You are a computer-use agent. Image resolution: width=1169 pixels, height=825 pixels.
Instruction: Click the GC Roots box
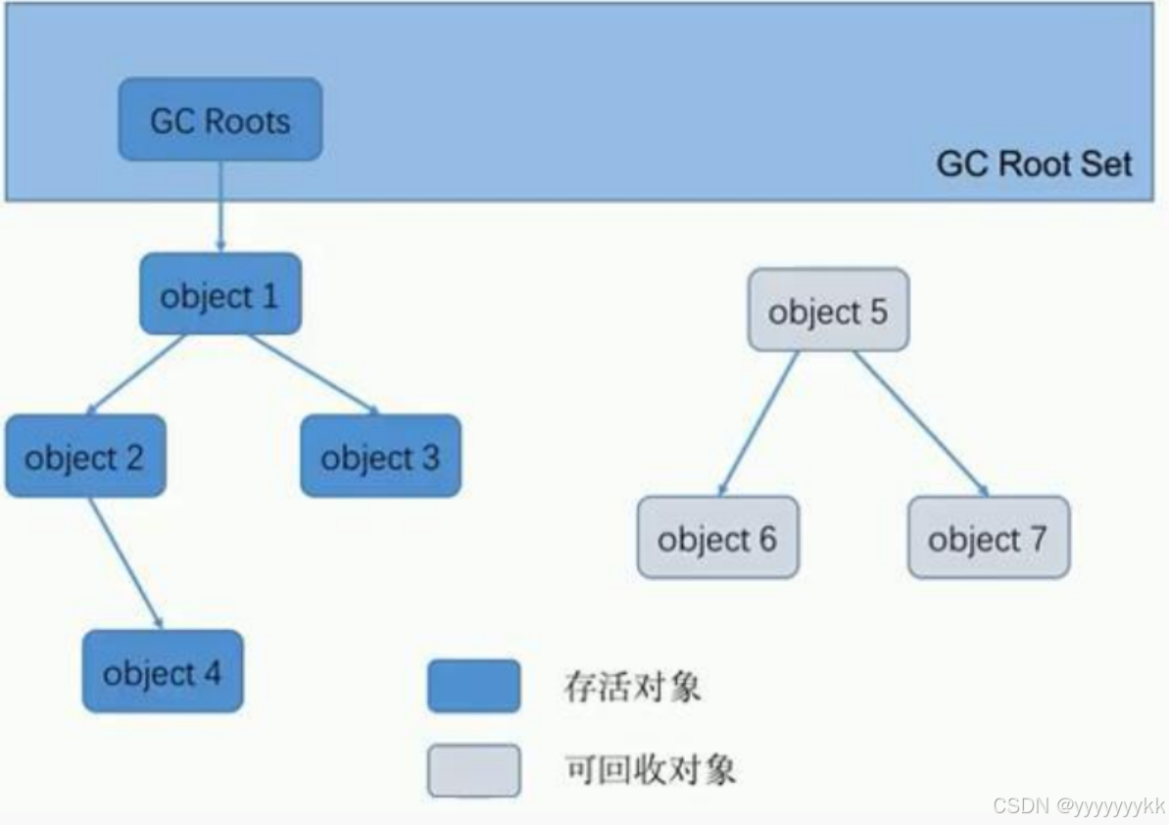point(220,120)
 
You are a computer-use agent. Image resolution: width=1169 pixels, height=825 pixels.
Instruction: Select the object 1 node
point(220,294)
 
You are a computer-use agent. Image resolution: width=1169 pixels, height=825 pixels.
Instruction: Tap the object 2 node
point(85,457)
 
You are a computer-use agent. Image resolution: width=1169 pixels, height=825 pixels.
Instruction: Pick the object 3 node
point(380,457)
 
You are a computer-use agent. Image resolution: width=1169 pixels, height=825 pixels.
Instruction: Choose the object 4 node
point(163,672)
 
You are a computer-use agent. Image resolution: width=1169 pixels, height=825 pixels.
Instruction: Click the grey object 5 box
point(828,311)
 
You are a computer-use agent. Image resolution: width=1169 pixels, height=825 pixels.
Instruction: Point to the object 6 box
point(717,538)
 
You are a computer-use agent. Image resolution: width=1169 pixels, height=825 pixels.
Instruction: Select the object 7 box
point(988,538)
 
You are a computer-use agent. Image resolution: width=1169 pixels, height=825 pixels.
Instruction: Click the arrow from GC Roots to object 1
point(220,206)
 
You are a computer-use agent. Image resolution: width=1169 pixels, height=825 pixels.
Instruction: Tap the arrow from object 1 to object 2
point(137,373)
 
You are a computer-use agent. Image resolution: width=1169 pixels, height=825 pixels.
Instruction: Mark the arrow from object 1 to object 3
point(314,373)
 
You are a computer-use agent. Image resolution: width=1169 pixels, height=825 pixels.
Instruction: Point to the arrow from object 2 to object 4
point(125,562)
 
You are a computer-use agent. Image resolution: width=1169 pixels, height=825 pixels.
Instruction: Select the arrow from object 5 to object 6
point(759,422)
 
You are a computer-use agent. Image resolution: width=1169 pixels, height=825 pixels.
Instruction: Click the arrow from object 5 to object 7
point(921,422)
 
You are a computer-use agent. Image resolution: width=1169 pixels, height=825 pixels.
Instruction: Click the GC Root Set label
point(1034,163)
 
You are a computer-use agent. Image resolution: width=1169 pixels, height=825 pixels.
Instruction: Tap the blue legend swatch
point(473,686)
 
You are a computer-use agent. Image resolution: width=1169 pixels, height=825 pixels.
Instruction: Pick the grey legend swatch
point(473,770)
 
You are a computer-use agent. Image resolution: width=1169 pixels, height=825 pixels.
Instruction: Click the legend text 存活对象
point(632,686)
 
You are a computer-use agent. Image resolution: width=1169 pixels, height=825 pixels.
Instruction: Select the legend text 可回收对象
point(650,770)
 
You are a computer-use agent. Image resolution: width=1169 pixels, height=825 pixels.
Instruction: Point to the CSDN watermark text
point(1078,806)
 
